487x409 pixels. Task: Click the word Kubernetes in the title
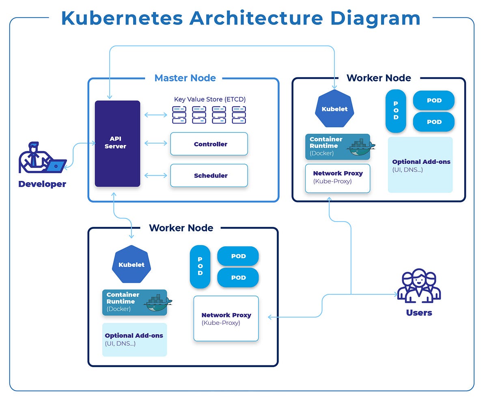pos(122,19)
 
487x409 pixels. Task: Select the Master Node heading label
pos(185,78)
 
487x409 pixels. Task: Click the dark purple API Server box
pos(117,143)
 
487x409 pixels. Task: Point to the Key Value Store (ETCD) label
pos(210,99)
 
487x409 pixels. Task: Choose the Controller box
pos(209,144)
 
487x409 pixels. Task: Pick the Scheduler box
pos(209,176)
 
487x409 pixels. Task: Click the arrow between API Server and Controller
pos(155,143)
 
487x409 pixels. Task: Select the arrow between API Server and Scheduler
pos(155,175)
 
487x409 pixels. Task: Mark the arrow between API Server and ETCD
pos(155,115)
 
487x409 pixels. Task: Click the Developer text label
pos(42,184)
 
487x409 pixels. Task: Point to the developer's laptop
pos(56,166)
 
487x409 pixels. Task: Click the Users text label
pos(419,313)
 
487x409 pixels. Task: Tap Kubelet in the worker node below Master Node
pos(131,265)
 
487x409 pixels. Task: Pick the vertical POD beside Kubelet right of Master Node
pos(396,111)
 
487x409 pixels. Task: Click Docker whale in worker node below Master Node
pos(158,303)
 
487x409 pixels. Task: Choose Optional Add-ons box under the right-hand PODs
pos(420,165)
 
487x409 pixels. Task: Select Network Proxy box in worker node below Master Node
pos(226,318)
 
